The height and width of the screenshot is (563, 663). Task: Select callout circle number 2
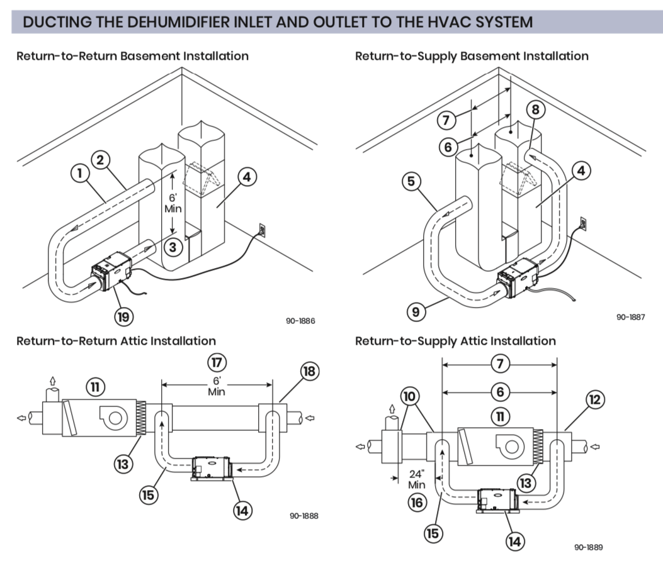(101, 159)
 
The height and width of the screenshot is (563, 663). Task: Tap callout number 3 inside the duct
(174, 247)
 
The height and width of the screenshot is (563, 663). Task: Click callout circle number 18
(309, 371)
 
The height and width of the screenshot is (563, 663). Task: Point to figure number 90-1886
(300, 321)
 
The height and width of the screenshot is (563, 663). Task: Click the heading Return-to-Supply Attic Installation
(455, 341)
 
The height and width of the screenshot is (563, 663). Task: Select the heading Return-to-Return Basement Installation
(132, 56)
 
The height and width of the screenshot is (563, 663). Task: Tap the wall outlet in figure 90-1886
(262, 229)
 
